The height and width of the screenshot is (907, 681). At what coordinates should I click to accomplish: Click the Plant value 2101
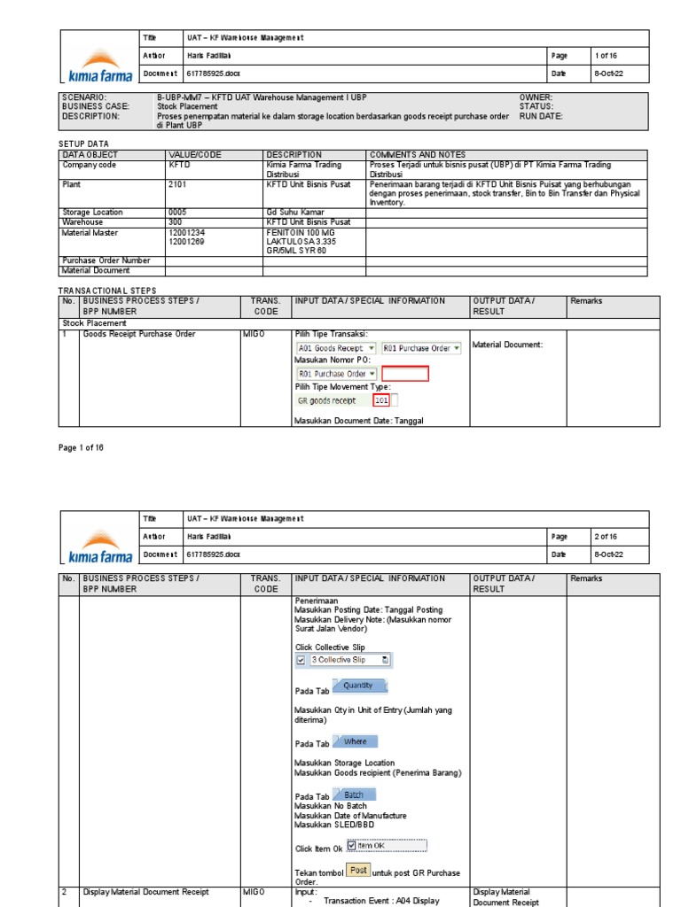click(177, 184)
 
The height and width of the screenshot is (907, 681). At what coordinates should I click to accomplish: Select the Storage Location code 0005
click(177, 213)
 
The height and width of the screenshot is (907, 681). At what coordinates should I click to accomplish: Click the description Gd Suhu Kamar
click(294, 213)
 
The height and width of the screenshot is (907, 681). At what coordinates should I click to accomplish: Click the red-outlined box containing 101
click(381, 400)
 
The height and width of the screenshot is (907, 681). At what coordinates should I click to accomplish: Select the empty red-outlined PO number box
click(405, 374)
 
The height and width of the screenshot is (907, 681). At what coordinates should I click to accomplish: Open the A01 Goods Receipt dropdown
click(336, 349)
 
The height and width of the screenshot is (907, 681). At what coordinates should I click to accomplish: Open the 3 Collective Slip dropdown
click(343, 660)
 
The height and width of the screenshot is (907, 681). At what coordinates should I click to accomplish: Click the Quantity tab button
click(358, 686)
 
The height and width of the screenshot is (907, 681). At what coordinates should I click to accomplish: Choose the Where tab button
click(355, 742)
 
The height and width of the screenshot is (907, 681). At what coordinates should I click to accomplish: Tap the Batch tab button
click(354, 795)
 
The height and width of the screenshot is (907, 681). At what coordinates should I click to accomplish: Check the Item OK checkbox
click(352, 846)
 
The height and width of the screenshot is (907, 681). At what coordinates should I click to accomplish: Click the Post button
click(358, 871)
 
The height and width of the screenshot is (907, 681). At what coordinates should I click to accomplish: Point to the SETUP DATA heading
click(84, 143)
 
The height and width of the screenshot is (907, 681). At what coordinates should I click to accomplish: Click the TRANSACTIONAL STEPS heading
click(106, 290)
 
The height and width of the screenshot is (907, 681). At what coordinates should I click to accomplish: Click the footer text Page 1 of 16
click(82, 448)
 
